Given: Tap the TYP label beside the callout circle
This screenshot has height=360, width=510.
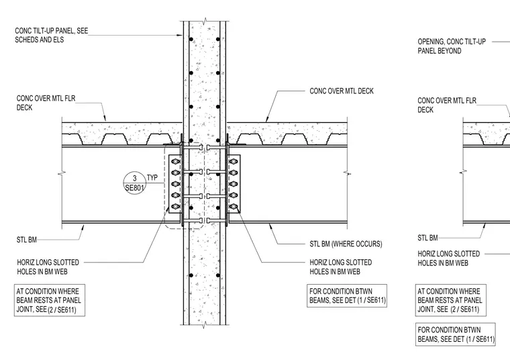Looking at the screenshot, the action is click(x=152, y=177).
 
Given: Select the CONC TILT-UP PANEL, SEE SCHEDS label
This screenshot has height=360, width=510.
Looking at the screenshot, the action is click(x=52, y=35).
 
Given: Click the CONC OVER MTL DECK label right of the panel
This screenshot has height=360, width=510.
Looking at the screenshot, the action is click(x=342, y=91).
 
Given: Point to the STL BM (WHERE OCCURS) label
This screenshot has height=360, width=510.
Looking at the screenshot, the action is click(x=346, y=244).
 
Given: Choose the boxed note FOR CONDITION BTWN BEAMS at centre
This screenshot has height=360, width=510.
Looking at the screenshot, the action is click(x=347, y=296).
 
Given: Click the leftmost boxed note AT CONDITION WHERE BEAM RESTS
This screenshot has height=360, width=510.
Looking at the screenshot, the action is click(x=50, y=300).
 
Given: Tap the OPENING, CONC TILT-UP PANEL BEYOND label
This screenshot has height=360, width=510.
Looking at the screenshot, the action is click(x=452, y=46).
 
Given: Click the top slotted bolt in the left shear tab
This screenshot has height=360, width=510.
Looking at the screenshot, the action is click(x=175, y=161).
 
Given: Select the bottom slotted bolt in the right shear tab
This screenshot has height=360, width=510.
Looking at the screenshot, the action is click(x=234, y=206).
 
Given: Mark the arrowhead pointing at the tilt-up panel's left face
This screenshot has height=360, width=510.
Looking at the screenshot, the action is click(x=179, y=35).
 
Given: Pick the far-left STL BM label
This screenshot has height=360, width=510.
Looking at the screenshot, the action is click(x=27, y=240).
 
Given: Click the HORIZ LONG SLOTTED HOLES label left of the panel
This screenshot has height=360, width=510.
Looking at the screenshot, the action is click(x=48, y=267).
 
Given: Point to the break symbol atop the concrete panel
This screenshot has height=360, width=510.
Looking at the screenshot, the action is click(x=204, y=22).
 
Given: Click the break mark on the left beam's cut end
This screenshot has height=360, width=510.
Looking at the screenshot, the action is click(x=62, y=174).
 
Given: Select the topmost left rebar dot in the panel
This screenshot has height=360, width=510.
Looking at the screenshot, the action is click(x=191, y=40).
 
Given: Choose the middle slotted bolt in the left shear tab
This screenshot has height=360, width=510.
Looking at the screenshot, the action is click(x=175, y=184).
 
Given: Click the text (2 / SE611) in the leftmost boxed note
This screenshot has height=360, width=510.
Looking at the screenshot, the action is click(x=62, y=310).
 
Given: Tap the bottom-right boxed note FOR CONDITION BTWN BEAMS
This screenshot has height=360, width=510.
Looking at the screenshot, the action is click(x=456, y=334).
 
